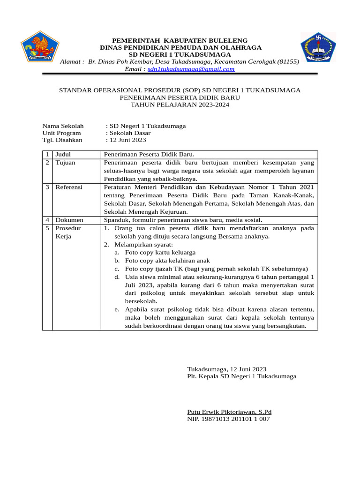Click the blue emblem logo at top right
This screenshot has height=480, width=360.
pyautogui.click(x=318, y=47)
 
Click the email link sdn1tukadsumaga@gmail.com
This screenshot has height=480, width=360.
pyautogui.click(x=191, y=69)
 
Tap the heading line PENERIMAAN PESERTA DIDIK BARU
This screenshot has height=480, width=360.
pyautogui.click(x=180, y=97)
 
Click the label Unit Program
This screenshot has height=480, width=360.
pyautogui.click(x=61, y=133)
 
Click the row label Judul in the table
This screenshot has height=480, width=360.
pyautogui.click(x=63, y=154)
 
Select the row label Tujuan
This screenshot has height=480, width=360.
pyautogui.click(x=66, y=163)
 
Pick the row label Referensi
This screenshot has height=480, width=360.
pyautogui.click(x=69, y=187)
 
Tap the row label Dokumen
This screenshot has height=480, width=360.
pyautogui.click(x=69, y=220)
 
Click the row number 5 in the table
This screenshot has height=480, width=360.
pyautogui.click(x=47, y=228)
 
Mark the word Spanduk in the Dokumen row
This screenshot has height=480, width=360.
pyautogui.click(x=117, y=220)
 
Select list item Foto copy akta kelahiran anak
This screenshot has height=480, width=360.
pyautogui.click(x=167, y=261)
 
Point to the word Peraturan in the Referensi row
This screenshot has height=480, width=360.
pyautogui.click(x=118, y=187)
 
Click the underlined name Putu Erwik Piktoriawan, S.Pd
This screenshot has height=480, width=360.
pyautogui.click(x=229, y=412)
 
